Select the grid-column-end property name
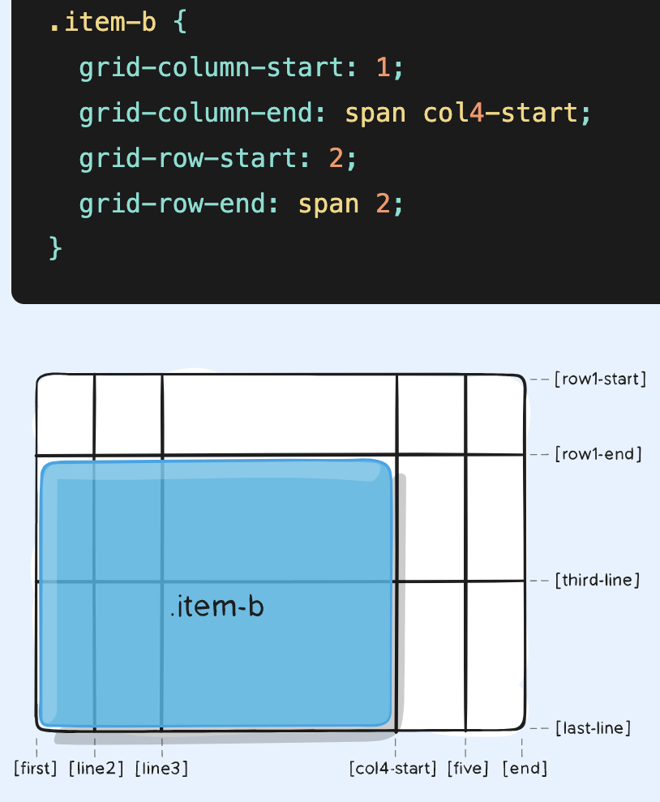tap(197, 113)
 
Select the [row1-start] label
tap(600, 380)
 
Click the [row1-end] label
tap(598, 455)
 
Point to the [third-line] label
tap(598, 581)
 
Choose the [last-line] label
tap(593, 728)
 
